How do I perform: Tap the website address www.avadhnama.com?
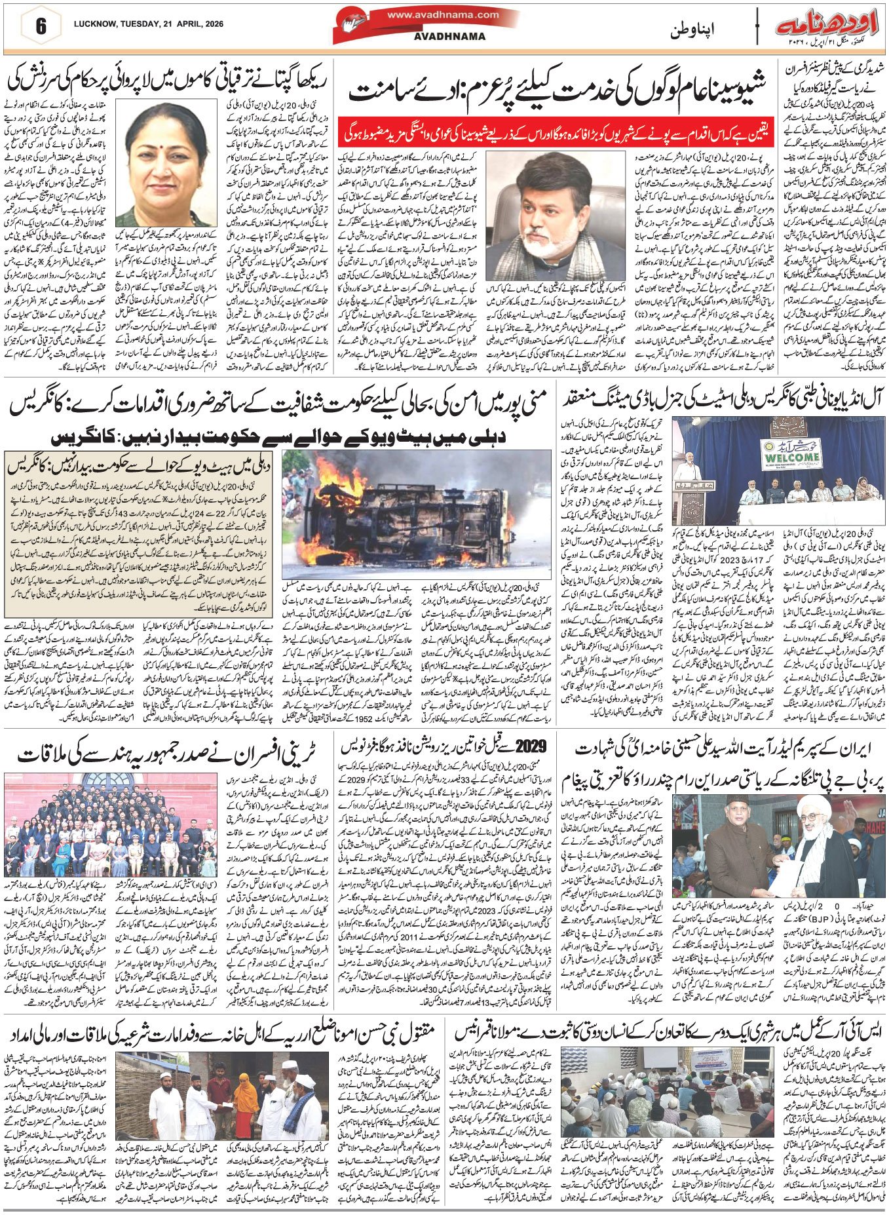point(443,14)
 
